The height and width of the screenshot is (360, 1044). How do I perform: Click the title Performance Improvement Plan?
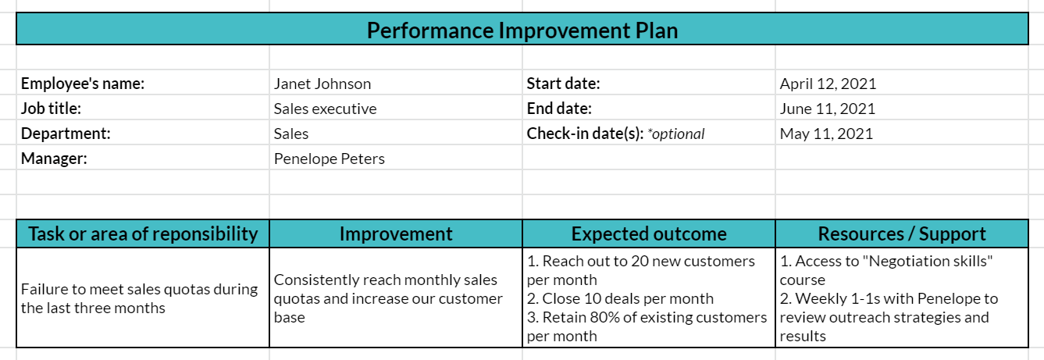click(522, 30)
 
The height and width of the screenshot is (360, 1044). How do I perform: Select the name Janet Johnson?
click(322, 84)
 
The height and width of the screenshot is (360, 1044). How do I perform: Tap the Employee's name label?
click(83, 84)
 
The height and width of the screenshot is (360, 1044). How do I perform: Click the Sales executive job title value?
click(326, 109)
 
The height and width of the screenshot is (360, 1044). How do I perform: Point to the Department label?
click(66, 134)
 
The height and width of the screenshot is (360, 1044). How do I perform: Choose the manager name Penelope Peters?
click(330, 159)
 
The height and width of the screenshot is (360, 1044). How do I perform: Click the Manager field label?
click(54, 159)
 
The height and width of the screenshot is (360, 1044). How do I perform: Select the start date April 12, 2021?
click(828, 84)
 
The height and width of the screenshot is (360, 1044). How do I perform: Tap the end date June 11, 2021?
click(828, 109)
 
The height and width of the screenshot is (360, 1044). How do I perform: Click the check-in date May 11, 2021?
click(826, 134)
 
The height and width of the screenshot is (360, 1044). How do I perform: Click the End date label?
click(559, 109)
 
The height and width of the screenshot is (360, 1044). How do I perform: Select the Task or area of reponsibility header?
click(143, 233)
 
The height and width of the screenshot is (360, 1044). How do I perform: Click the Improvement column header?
click(396, 233)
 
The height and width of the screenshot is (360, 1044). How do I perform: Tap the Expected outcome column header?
click(649, 233)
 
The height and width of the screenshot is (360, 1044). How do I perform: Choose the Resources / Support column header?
click(902, 233)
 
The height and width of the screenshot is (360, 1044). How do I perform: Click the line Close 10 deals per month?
click(620, 298)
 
